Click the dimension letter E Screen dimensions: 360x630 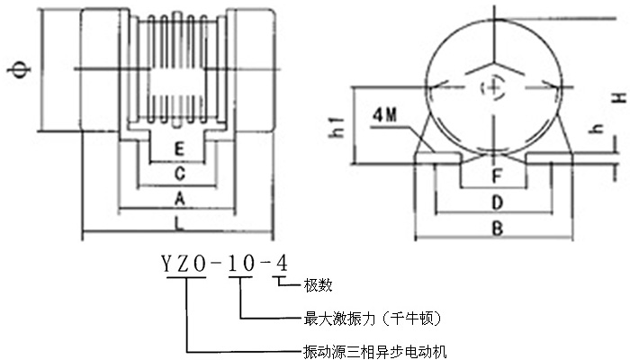tap(180, 148)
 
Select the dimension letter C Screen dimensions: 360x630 tap(180, 171)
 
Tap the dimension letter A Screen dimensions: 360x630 tap(180, 194)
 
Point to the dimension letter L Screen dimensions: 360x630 tap(180, 220)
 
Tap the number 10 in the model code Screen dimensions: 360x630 tap(239, 263)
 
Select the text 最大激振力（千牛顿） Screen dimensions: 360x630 tap(372, 318)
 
